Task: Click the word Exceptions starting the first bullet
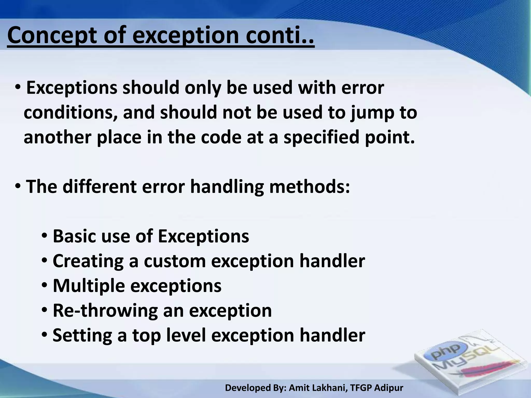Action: click(x=72, y=88)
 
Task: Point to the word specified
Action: click(x=322, y=137)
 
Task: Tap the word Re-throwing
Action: click(x=105, y=310)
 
